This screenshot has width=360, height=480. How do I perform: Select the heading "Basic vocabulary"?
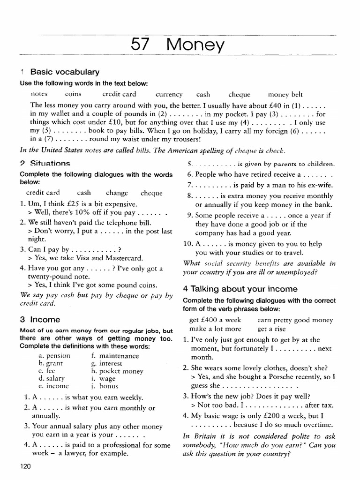65,72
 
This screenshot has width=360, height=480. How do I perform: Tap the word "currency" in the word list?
169,94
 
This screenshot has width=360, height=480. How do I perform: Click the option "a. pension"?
54,356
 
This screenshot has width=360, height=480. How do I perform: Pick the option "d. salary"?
52,378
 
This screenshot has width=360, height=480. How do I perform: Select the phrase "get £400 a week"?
215,320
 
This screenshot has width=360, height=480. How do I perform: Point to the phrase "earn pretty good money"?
295,320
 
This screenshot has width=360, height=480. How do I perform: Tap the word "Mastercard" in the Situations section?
125,258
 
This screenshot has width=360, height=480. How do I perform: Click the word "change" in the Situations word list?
117,193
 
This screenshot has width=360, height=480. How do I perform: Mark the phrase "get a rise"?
271,329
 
